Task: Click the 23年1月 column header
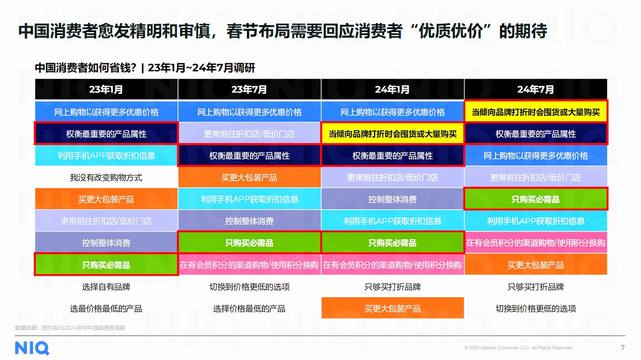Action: pos(106,89)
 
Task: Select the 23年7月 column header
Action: pos(249,89)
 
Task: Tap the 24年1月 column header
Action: pos(392,89)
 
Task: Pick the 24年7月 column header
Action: pos(535,89)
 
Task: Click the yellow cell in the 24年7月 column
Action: pos(535,112)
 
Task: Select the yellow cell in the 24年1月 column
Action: pos(392,134)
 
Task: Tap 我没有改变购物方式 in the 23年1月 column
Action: pos(106,177)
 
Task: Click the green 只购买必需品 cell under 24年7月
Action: pos(535,199)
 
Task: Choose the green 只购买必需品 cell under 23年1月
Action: pos(106,265)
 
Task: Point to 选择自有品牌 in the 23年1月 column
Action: pos(106,287)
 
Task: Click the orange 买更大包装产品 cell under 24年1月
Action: pos(392,308)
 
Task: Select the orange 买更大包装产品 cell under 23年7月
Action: pos(249,177)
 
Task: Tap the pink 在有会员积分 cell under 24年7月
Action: pos(535,243)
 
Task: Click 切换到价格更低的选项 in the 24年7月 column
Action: pos(535,308)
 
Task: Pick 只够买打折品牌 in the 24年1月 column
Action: pos(392,287)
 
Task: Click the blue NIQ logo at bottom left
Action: pos(32,348)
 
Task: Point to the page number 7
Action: pos(623,347)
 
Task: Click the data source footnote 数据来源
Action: pos(70,328)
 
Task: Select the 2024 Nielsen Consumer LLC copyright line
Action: pos(518,348)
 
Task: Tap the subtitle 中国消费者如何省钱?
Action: pos(85,67)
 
